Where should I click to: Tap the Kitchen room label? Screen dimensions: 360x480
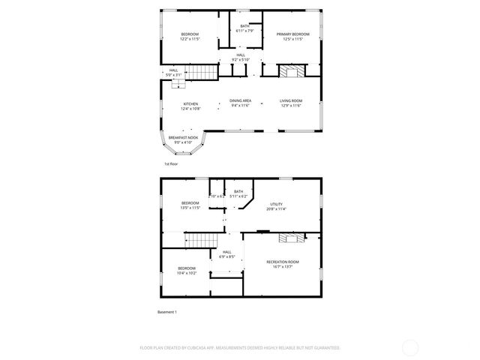(190, 104)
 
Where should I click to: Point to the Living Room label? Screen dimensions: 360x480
(291, 100)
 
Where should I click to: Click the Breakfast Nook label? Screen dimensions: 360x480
(184, 137)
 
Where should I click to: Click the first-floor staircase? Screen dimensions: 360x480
(200, 73)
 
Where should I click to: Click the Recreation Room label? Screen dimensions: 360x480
(282, 262)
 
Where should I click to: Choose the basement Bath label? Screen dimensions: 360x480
(238, 192)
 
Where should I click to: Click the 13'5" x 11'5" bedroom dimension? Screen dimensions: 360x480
(190, 208)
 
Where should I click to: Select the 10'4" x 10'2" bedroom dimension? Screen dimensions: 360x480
(187, 273)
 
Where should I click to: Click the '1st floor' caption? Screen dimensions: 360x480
(171, 163)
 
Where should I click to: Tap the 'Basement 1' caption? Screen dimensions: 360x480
(166, 311)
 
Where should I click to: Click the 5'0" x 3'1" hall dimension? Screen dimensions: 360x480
(173, 75)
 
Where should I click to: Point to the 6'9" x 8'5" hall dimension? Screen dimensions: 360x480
(226, 256)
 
